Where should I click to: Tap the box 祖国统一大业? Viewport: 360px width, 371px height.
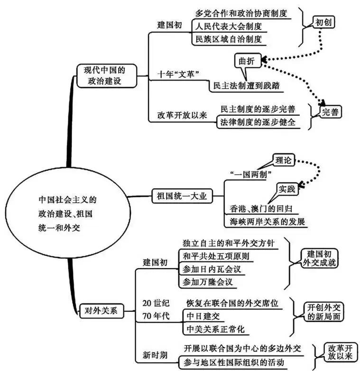point(182,195)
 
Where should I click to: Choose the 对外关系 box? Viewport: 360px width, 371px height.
point(102,311)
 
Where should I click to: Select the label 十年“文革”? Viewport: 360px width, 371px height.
point(177,74)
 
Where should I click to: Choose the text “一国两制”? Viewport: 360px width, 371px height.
point(249,174)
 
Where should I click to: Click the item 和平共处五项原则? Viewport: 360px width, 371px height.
point(216,256)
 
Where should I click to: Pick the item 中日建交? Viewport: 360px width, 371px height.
point(201,315)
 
